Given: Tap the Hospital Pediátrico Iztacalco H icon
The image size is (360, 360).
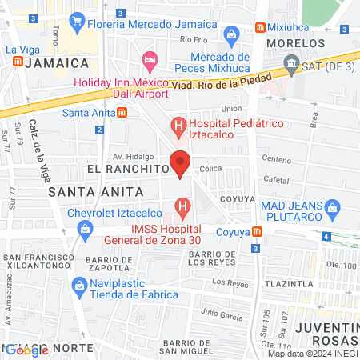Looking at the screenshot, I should click(178, 126).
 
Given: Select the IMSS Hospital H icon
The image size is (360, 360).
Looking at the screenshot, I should click(182, 209).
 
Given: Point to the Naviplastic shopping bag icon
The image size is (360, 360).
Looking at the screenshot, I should click(79, 285).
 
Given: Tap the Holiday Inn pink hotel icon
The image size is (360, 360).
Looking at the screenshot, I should click(149, 59).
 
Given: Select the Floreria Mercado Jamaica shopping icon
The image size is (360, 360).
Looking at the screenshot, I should click(77, 20).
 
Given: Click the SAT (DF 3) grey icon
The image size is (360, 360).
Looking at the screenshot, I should click(290, 62).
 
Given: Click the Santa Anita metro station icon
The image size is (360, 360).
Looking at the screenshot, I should click(121, 112).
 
